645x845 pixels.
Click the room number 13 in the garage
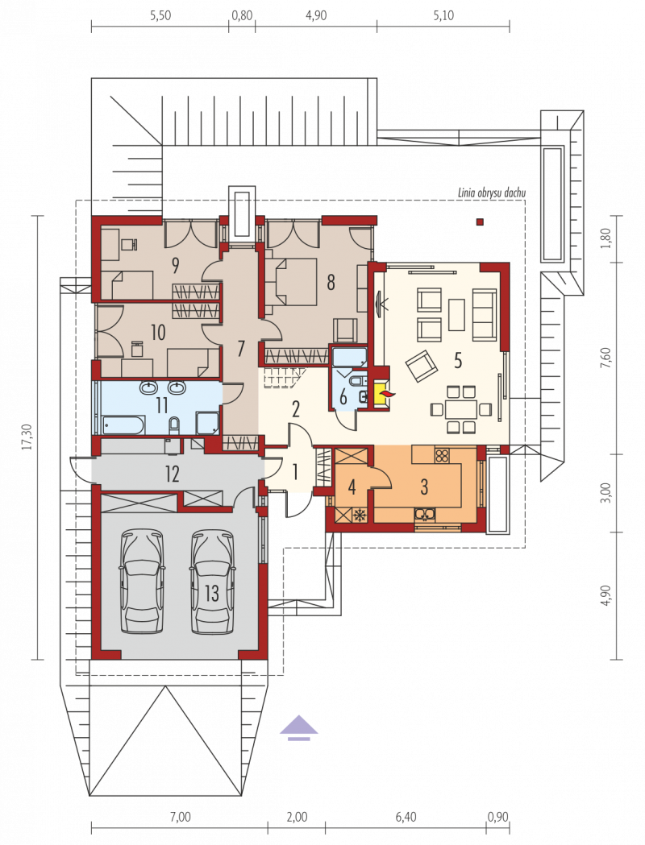pos(212,594)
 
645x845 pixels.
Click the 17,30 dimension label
pos(28,437)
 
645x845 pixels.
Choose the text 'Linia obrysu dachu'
pos(491,193)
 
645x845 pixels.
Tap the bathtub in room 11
pos(123,425)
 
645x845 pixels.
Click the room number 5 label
pos(458,360)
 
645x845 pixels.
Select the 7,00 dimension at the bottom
pos(180,817)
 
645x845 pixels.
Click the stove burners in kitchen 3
pos(442,456)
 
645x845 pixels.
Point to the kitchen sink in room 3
pos(426,516)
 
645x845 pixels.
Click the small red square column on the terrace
pos(480,221)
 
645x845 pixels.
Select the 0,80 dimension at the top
pos(242,15)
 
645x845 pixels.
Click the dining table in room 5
pos(460,409)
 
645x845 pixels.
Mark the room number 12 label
pos(172,474)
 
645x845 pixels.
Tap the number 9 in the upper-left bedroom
pos(175,264)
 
